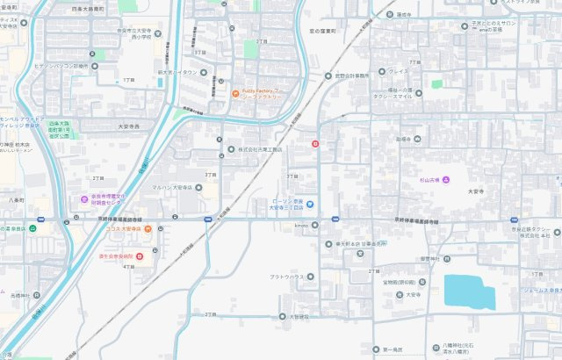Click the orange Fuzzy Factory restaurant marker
click(235, 94)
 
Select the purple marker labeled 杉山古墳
click(445, 181)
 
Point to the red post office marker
click(316, 144)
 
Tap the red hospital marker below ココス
click(140, 256)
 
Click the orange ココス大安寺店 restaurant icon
click(148, 230)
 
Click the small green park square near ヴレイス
click(436, 84)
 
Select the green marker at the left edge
click(32, 228)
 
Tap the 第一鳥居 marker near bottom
click(375, 349)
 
